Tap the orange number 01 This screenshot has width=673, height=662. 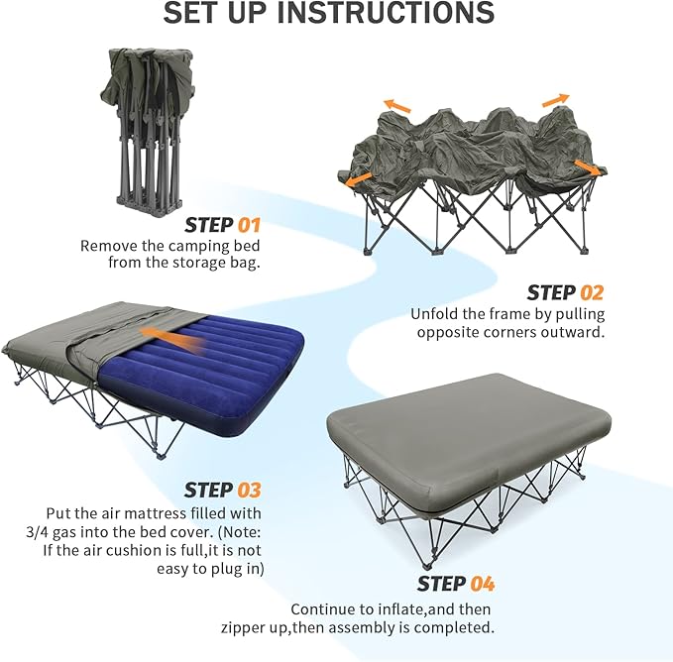click(x=248, y=224)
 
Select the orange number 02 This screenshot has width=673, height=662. click(x=591, y=292)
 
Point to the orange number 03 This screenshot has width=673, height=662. click(x=249, y=490)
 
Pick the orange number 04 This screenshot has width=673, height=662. click(x=482, y=584)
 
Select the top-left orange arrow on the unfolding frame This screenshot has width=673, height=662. click(x=398, y=105)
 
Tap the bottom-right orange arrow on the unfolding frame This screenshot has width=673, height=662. click(x=587, y=168)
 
